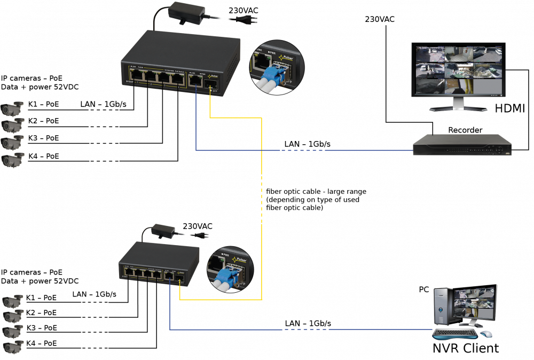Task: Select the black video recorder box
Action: click(462, 144)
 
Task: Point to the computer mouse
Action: click(486, 334)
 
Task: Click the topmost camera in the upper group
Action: click(12, 108)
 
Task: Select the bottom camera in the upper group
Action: click(12, 160)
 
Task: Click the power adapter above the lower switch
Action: click(159, 230)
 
